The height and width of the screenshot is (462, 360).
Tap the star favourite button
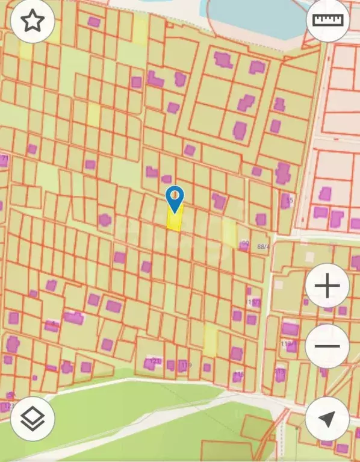point(33,20)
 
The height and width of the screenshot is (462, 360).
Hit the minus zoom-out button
point(327,346)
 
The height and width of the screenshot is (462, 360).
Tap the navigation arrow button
point(327,419)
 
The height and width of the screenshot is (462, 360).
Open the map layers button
point(33,419)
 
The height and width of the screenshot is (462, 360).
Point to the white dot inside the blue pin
point(175,195)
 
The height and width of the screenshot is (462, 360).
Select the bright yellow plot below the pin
point(175,220)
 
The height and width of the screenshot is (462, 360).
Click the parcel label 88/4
point(263,246)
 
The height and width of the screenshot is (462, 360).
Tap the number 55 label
point(290,200)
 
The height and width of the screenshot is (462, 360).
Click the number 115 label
point(240,375)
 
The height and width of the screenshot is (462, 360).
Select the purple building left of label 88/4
point(243,246)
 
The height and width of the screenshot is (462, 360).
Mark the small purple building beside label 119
point(172,364)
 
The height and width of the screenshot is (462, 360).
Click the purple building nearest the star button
point(94,22)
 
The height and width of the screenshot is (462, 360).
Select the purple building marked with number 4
point(51,326)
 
